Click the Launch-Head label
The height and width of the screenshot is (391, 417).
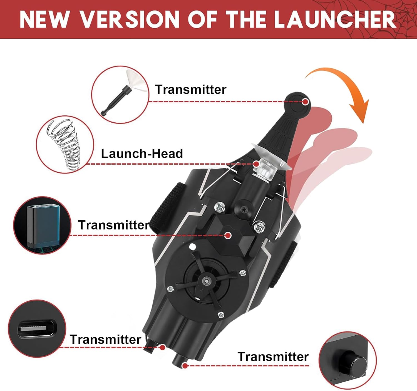coord(142,154)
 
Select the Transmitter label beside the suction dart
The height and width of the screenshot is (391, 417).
coord(190,90)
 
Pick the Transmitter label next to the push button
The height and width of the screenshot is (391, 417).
coord(273,357)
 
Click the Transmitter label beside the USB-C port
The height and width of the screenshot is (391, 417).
coord(105,340)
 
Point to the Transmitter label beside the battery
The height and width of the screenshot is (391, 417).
coord(114,225)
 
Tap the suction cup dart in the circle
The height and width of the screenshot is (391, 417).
coord(122,93)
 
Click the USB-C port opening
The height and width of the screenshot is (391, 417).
coord(37,328)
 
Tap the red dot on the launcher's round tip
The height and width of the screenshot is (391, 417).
coord(306,102)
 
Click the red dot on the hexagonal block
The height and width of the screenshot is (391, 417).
coord(228,236)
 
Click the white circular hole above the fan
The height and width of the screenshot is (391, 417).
coord(192,247)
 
